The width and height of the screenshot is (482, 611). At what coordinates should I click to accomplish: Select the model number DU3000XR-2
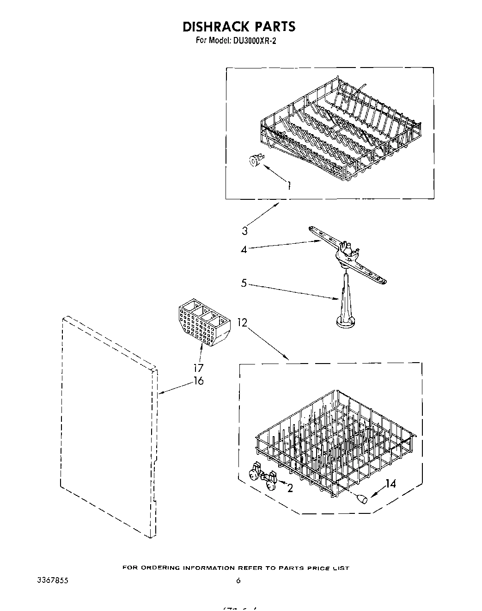click(x=254, y=41)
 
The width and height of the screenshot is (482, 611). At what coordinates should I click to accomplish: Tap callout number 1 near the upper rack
click(x=289, y=186)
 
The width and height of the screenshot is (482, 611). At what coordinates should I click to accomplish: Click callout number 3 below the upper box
click(x=244, y=231)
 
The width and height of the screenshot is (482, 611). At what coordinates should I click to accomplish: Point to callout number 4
click(x=244, y=249)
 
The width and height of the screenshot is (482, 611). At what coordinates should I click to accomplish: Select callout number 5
click(x=244, y=283)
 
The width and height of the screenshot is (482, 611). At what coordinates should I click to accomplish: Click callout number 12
click(x=243, y=323)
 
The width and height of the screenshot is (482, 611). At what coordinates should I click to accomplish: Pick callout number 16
click(x=198, y=381)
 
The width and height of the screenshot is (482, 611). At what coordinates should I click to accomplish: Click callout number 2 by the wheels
click(x=290, y=488)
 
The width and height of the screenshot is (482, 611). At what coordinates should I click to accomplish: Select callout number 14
click(x=390, y=484)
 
